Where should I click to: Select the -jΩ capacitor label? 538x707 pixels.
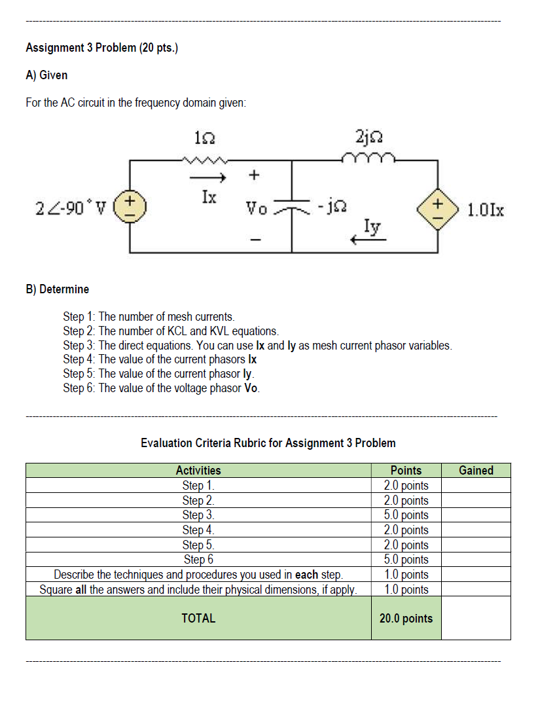pos(331,208)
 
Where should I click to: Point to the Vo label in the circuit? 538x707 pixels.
pos(255,208)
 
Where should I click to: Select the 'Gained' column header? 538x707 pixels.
pos(476,470)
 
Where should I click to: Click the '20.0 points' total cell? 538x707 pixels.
pos(406,618)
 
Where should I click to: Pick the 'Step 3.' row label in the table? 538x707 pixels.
pos(198,515)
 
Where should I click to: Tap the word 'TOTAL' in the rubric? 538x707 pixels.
pos(198,618)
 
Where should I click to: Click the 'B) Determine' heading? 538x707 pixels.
pos(58,289)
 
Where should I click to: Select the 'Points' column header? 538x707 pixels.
pos(406,470)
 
